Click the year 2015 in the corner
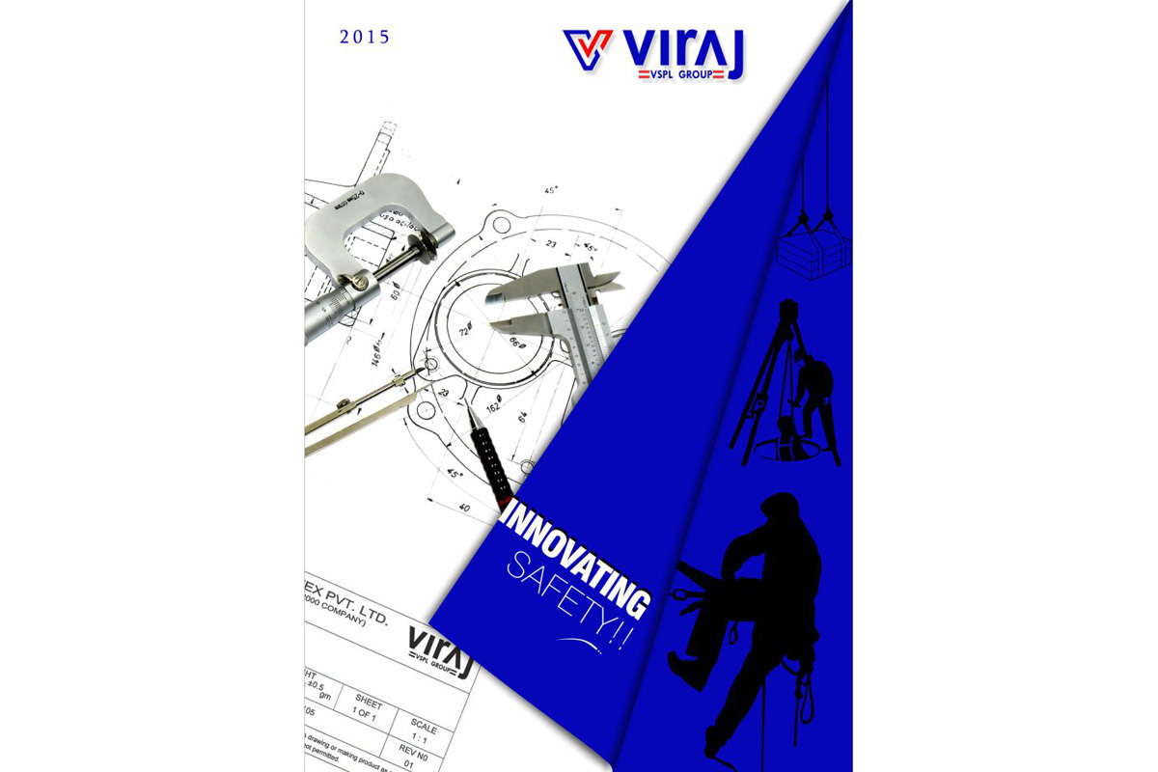pyautogui.click(x=364, y=39)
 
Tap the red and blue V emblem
pyautogui.click(x=588, y=49)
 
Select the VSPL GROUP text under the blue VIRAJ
pyautogui.click(x=681, y=73)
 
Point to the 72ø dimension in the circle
pyautogui.click(x=464, y=331)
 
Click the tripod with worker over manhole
pyautogui.click(x=786, y=391)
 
